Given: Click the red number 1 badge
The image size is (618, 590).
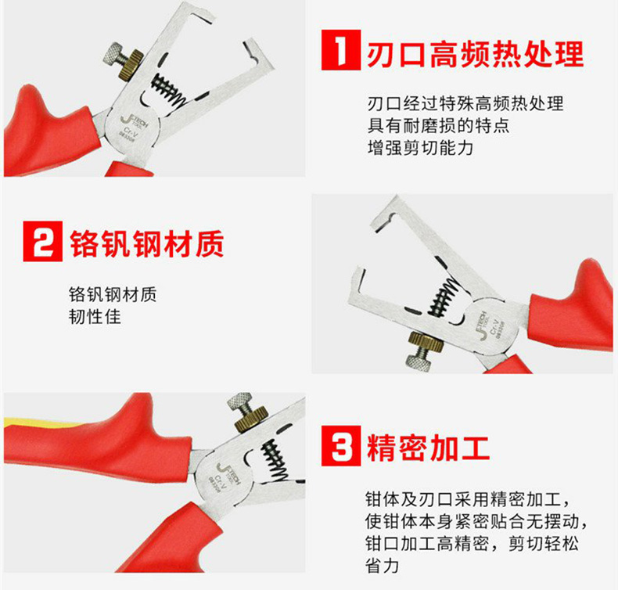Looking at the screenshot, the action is [341, 50].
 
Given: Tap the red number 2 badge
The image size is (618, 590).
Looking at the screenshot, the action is [42, 241].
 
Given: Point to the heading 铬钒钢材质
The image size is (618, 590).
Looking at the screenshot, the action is [146, 244].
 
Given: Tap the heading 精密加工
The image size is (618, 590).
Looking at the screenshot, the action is [429, 448].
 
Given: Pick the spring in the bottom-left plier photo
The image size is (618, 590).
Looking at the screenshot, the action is [275, 460].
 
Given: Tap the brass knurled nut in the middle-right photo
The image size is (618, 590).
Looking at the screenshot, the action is [427, 341].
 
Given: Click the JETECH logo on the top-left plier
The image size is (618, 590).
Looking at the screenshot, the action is [134, 122].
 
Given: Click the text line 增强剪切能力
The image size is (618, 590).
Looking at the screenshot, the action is [420, 148].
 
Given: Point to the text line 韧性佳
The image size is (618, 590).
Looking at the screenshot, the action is [95, 316].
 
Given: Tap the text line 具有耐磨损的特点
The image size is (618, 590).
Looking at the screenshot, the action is [438, 126].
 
